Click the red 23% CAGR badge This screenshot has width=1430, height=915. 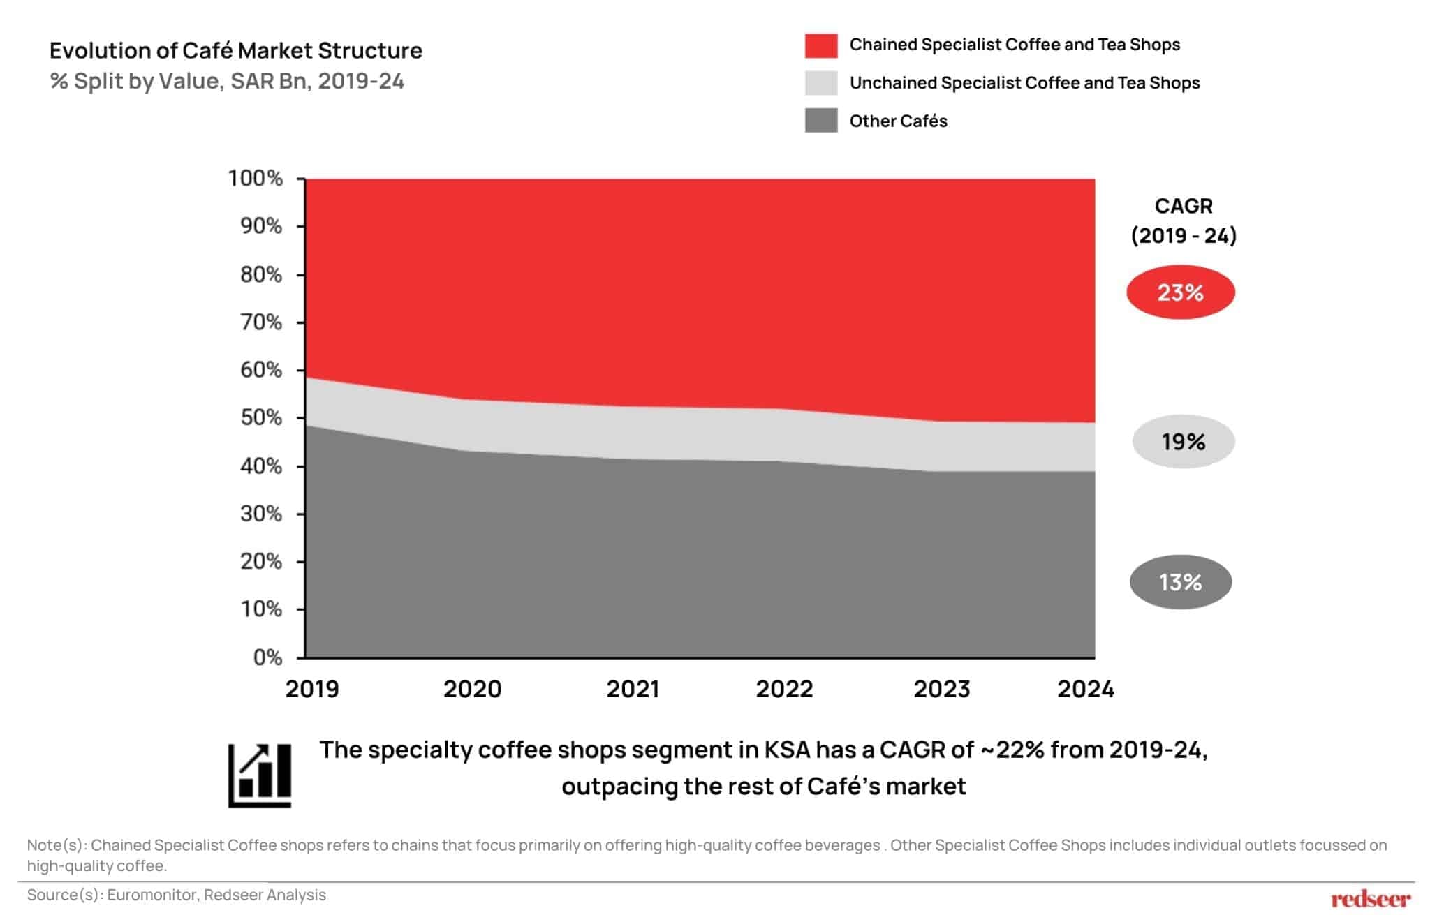click(x=1180, y=292)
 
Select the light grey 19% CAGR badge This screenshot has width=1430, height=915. click(x=1183, y=441)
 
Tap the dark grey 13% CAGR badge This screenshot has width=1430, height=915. click(x=1180, y=581)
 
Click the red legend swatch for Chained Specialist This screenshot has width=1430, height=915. click(x=820, y=45)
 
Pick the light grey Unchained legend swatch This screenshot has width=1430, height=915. click(x=820, y=83)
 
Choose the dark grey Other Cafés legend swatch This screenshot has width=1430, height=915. click(x=820, y=121)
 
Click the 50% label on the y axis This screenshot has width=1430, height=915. click(x=261, y=417)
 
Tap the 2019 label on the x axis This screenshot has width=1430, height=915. click(x=312, y=689)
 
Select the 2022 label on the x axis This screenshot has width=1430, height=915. click(x=784, y=689)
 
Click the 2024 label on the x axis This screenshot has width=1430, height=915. click(x=1085, y=689)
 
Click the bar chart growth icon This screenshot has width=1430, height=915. click(x=260, y=775)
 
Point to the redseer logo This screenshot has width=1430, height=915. click(x=1370, y=898)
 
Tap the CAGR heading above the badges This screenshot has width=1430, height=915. click(x=1184, y=206)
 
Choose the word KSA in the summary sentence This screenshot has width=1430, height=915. click(x=787, y=750)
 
